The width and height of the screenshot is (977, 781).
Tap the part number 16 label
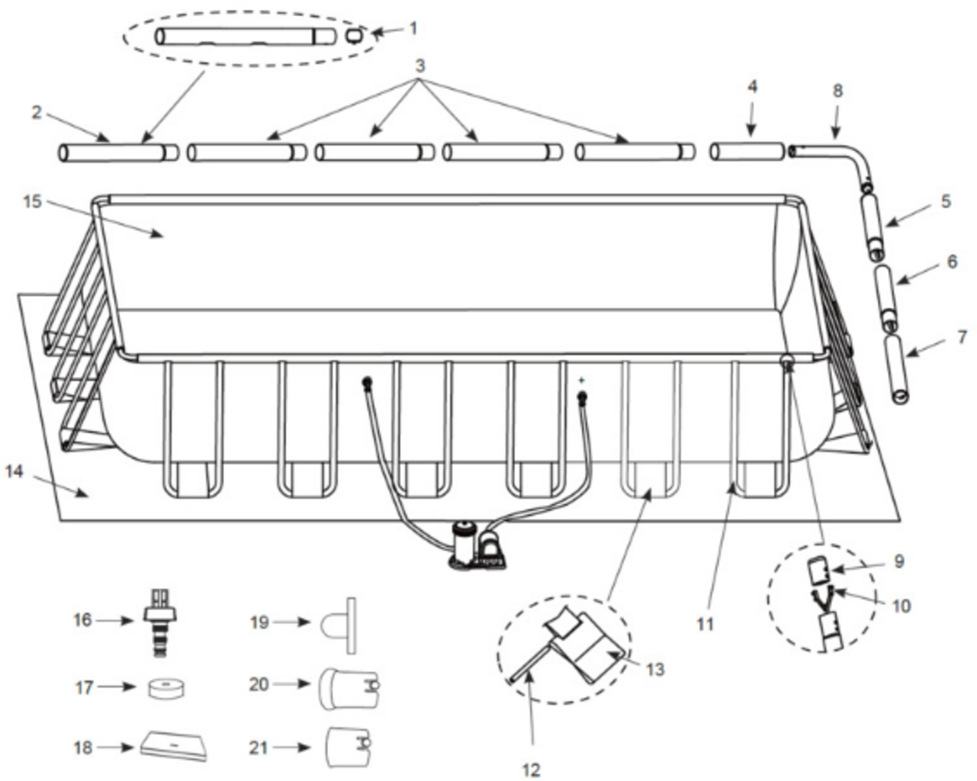coord(82,620)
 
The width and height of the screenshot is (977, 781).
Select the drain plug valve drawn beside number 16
coord(160,622)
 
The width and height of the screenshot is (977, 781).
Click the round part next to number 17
coord(166,689)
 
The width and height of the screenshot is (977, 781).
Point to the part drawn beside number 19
coord(339,625)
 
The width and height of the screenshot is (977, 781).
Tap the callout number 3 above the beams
coord(420,66)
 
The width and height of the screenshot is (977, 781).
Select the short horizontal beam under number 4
coord(747,152)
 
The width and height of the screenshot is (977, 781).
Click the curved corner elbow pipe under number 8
coord(832,167)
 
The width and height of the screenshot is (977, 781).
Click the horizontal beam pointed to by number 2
coord(119,153)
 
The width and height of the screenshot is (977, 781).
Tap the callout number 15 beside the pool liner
coord(32,201)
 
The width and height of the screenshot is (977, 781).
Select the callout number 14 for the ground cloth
coord(14,471)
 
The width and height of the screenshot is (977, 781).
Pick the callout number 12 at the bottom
coord(531,770)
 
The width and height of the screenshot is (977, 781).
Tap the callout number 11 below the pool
coord(705,625)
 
